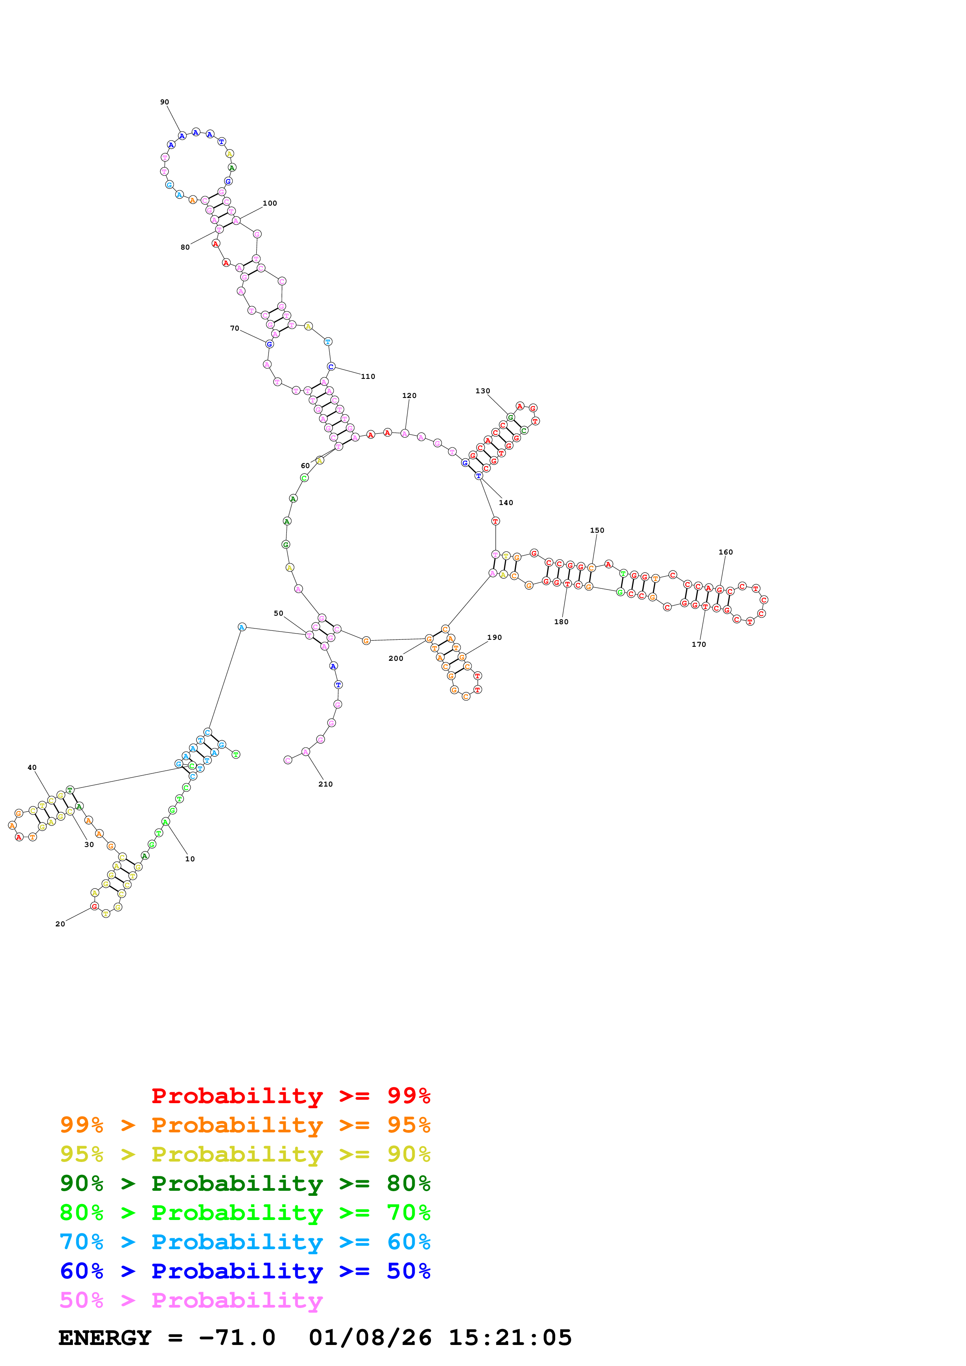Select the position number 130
(x=483, y=391)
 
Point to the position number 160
(x=726, y=552)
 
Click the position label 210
(x=325, y=784)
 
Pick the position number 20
(x=60, y=924)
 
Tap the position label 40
(x=32, y=767)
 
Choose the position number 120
(x=410, y=396)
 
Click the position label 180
(x=561, y=622)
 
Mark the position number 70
(x=235, y=328)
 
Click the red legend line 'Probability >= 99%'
(x=290, y=1096)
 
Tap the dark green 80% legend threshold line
(x=245, y=1183)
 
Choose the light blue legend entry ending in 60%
(x=245, y=1242)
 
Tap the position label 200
(x=396, y=658)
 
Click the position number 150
(x=597, y=530)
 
